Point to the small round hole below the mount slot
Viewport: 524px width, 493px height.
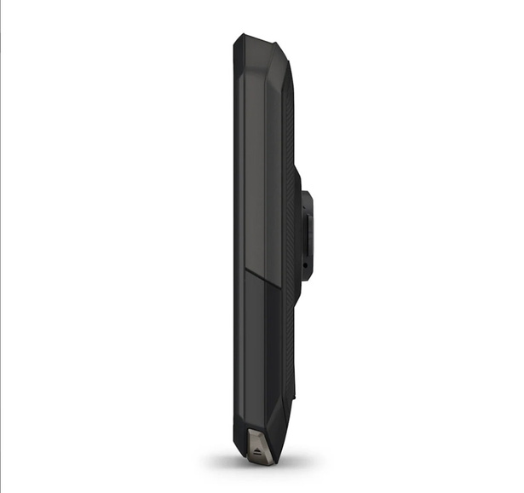(x=303, y=266)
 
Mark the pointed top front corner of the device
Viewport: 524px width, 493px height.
(x=239, y=35)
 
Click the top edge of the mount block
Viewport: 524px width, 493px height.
(x=308, y=194)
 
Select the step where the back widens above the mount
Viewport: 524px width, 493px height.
(x=297, y=169)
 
